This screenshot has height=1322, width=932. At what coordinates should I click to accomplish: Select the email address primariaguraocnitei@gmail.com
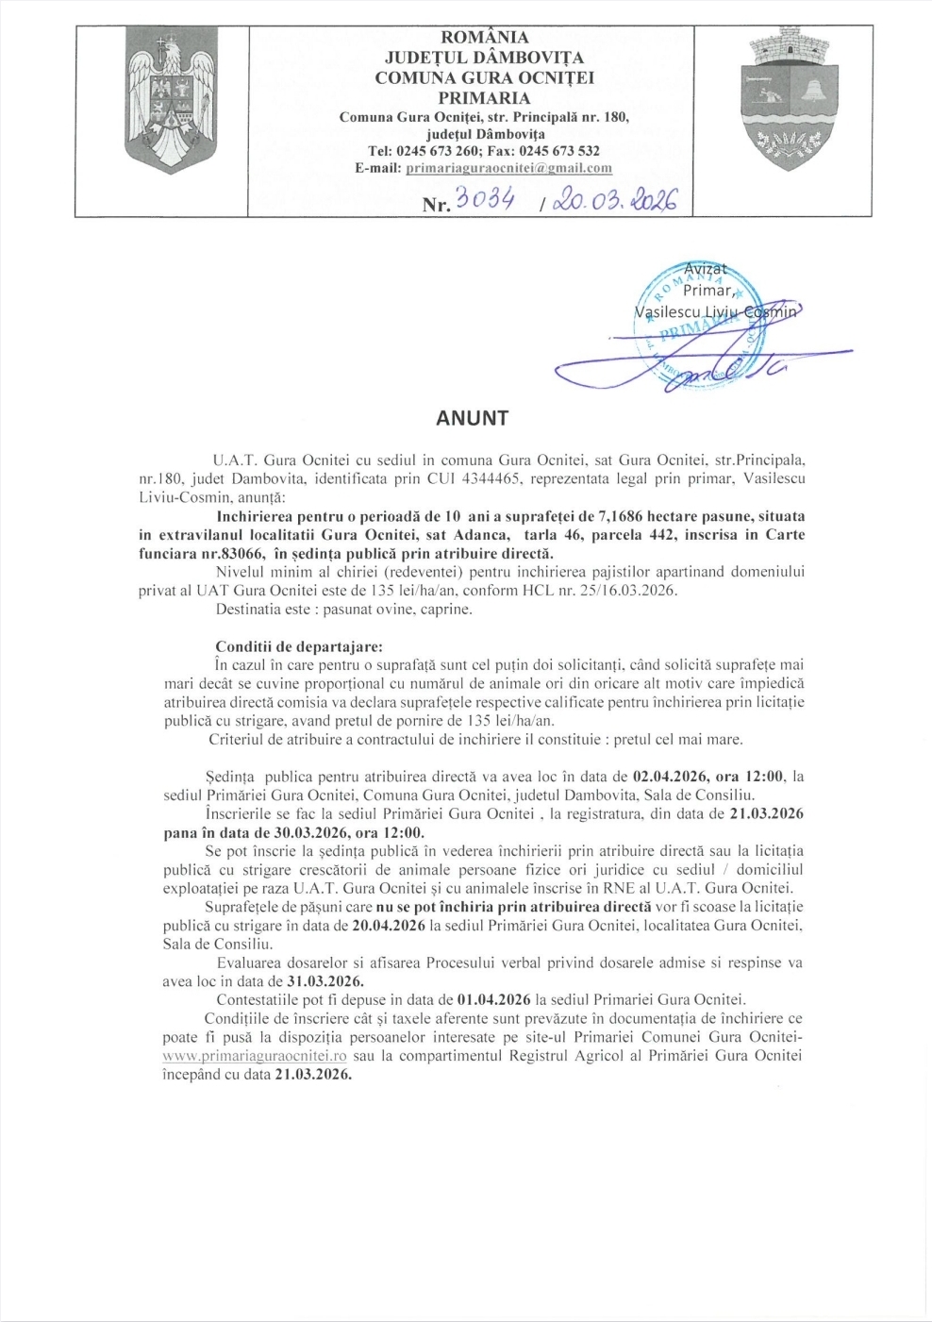pyautogui.click(x=508, y=168)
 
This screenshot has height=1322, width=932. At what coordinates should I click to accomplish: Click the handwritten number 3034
pyautogui.click(x=484, y=199)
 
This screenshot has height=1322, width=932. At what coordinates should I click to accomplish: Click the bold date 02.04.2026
pyautogui.click(x=670, y=777)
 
